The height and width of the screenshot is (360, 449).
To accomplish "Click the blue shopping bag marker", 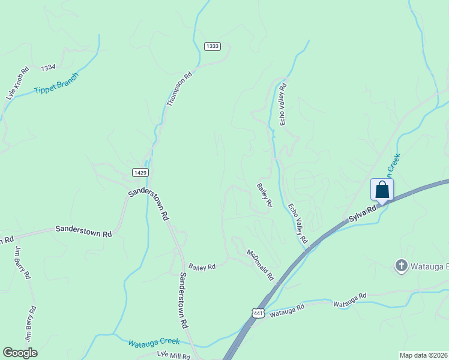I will tap(382, 190).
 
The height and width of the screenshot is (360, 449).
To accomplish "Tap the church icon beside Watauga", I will tap(401, 265).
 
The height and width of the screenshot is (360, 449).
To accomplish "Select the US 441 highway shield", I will tap(258, 313).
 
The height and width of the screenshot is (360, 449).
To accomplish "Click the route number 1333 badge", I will tap(212, 46).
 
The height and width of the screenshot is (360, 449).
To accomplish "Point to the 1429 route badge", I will tap(140, 172).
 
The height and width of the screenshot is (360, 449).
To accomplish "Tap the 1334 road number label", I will tap(49, 68).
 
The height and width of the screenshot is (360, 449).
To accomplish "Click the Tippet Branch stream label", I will tap(56, 82).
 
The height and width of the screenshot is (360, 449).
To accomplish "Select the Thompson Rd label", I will tap(179, 89).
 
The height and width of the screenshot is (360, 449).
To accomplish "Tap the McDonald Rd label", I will tap(260, 265).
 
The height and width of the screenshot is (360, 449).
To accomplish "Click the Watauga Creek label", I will tap(154, 342).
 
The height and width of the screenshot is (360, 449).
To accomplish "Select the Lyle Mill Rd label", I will tap(173, 355).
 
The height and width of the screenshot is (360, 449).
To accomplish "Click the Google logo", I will tap(20, 353).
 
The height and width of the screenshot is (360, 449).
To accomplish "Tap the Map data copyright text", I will tap(423, 355).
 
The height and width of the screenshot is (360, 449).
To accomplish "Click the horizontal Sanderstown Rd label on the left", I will tap(84, 229).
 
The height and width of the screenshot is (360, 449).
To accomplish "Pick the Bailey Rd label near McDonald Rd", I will tap(202, 266).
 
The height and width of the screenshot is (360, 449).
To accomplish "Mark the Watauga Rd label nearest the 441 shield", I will tap(287, 310).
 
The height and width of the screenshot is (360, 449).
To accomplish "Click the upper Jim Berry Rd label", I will tap(22, 263).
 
